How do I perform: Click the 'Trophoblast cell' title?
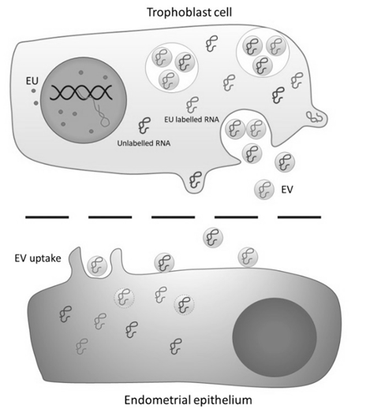pos(189,13)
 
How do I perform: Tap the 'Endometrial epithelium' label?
pos(188,400)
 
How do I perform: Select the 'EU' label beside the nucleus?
pos(32,81)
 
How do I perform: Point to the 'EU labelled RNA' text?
pos(192,120)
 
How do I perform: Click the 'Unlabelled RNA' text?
pos(144,143)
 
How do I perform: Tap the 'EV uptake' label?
pos(38,258)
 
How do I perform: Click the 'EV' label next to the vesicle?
pos(287,189)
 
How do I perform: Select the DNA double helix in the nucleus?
pos(81,93)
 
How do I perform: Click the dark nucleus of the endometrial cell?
pos(275,337)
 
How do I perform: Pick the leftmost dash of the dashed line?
pos(47,217)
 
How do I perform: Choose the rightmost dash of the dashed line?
pos(300,217)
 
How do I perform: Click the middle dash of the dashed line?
pos(173,217)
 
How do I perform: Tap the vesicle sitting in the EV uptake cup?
pos(97,266)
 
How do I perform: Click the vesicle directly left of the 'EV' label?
pos(264,189)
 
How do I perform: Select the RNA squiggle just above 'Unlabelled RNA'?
pos(144,125)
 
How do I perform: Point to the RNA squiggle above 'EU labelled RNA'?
pos(192,105)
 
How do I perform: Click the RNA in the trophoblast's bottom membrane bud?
pos(196,180)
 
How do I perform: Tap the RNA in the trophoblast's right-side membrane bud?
pos(315,117)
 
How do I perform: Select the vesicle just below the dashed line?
pos(213,238)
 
